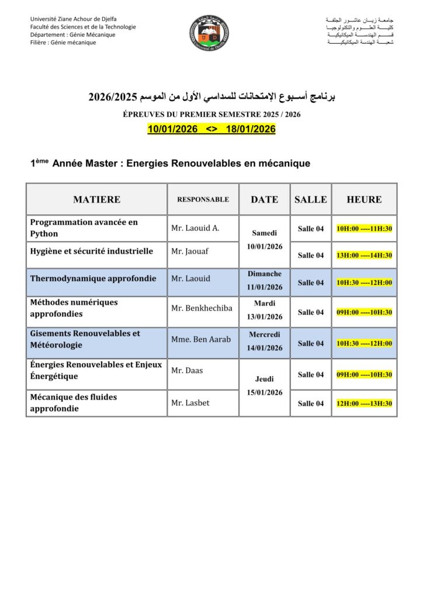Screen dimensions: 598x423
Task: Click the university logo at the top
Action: pos(209,33)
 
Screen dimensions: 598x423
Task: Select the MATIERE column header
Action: pos(97,200)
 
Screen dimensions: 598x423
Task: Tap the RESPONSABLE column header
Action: pos(203,200)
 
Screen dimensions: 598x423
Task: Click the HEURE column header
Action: pos(364,200)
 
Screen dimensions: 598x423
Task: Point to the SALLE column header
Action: pos(311,200)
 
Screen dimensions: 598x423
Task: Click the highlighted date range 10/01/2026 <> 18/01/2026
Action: pos(211,129)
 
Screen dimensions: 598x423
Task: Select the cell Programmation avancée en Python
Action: pos(84,228)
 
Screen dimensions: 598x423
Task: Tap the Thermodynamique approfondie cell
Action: pos(93,279)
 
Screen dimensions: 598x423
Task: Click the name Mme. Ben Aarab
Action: pos(201,339)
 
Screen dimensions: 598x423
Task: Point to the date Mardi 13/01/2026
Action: pos(265,310)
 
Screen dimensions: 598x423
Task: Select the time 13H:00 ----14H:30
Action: pos(364,255)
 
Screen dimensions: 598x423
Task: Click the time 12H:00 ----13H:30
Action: pos(364,404)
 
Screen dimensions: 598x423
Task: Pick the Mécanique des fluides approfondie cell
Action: pos(74,403)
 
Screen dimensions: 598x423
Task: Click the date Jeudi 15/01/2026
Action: pos(265,385)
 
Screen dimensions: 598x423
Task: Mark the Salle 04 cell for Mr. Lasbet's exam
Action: pos(311,404)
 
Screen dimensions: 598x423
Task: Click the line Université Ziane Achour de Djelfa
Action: pos(74,19)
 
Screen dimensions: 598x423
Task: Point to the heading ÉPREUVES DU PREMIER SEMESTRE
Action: pos(211,115)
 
